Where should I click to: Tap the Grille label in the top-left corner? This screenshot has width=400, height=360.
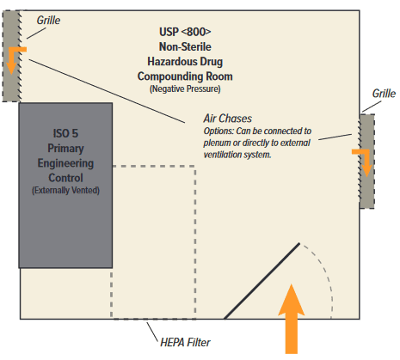(x=49, y=18)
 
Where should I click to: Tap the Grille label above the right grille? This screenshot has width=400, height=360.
(x=383, y=93)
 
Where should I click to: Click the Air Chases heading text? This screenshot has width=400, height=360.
(x=228, y=119)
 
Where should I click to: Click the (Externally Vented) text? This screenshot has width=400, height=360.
(x=65, y=190)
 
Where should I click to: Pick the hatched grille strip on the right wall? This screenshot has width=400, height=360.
(x=366, y=161)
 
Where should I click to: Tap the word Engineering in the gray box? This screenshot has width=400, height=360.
(x=65, y=162)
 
